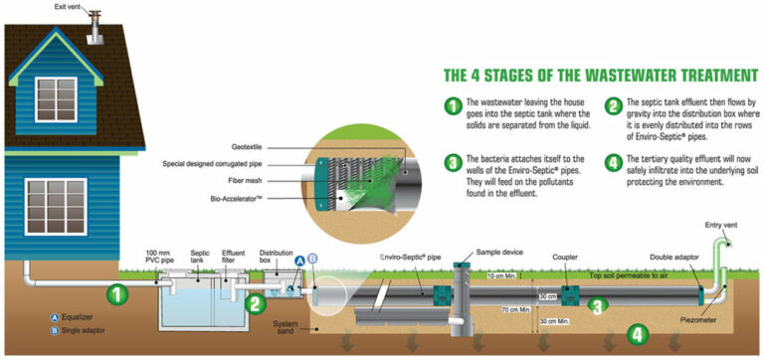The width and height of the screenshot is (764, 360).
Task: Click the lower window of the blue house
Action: [x=56, y=206]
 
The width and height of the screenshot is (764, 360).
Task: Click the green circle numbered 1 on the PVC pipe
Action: [x=117, y=293]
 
